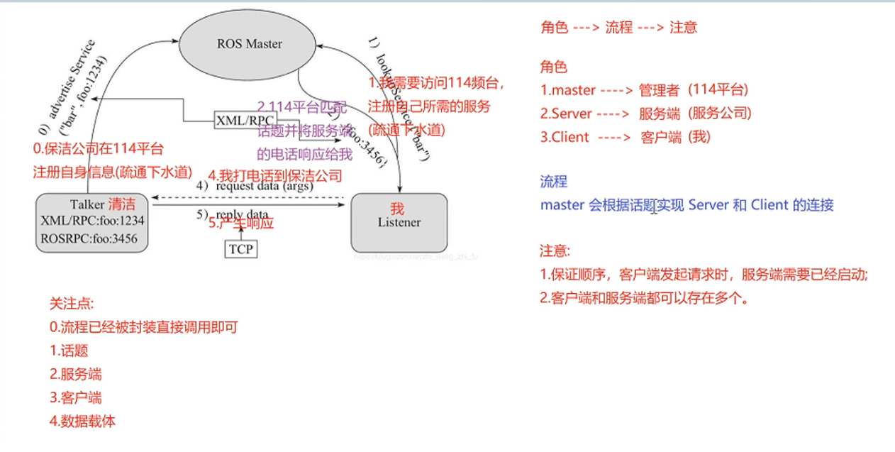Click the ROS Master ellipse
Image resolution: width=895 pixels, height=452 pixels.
coord(249,44)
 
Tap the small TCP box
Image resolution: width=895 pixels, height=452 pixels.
coord(240,248)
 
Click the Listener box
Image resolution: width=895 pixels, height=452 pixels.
coord(399,223)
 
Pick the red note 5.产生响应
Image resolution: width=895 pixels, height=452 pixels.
coord(241,222)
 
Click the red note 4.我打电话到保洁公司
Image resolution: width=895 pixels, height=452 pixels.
coord(274,175)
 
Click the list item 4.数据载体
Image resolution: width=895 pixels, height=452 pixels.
coord(82,421)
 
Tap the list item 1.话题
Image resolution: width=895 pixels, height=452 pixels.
coord(69,351)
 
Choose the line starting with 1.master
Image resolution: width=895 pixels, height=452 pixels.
coord(644,90)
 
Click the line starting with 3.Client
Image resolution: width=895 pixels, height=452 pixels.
coord(625,137)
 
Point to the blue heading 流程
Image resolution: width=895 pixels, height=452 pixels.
coord(554,182)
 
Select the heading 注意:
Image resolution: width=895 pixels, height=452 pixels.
coord(555,251)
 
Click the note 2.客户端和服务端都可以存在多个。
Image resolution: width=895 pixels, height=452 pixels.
coord(645,298)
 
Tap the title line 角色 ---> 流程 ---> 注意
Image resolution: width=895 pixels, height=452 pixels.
coord(618,28)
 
